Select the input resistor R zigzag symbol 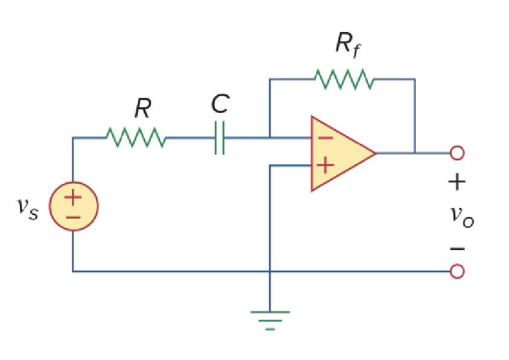click(x=135, y=137)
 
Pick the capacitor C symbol click(x=219, y=138)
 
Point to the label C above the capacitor click(x=219, y=104)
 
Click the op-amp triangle click(x=339, y=153)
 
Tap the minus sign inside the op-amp click(x=325, y=138)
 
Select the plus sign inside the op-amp click(x=325, y=165)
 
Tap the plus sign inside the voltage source click(x=73, y=198)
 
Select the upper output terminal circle click(x=457, y=153)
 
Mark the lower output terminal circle click(x=457, y=271)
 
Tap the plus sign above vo click(x=457, y=181)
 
